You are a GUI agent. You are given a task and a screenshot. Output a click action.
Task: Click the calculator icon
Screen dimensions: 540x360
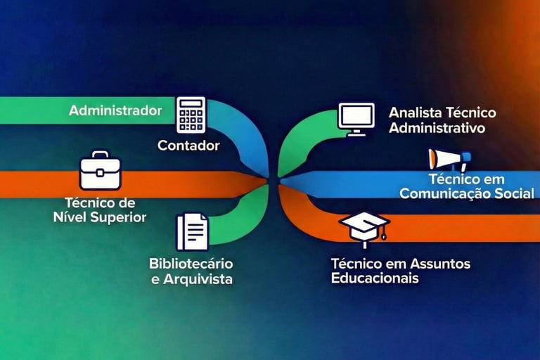click(191, 115)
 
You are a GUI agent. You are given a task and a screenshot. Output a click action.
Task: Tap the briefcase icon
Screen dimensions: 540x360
click(101, 171)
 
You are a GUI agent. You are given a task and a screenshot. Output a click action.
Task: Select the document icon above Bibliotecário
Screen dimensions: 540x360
click(192, 231)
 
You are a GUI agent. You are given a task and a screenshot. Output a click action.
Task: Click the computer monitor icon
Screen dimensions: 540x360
click(356, 118)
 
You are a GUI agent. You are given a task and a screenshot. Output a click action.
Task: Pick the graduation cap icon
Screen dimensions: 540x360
click(364, 228)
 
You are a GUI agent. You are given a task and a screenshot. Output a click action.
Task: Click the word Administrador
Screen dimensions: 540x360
click(115, 110)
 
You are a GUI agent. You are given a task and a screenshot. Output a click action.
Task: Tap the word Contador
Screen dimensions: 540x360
click(188, 146)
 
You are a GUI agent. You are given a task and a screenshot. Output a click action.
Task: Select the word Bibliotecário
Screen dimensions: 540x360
click(191, 264)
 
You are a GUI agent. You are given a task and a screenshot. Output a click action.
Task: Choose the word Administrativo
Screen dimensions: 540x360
click(437, 128)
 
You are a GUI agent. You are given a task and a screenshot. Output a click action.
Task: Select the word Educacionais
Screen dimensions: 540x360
click(375, 278)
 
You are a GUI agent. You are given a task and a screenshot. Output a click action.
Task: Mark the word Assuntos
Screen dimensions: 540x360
click(440, 264)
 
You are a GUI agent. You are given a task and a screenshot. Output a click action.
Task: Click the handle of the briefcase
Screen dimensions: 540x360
click(101, 155)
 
